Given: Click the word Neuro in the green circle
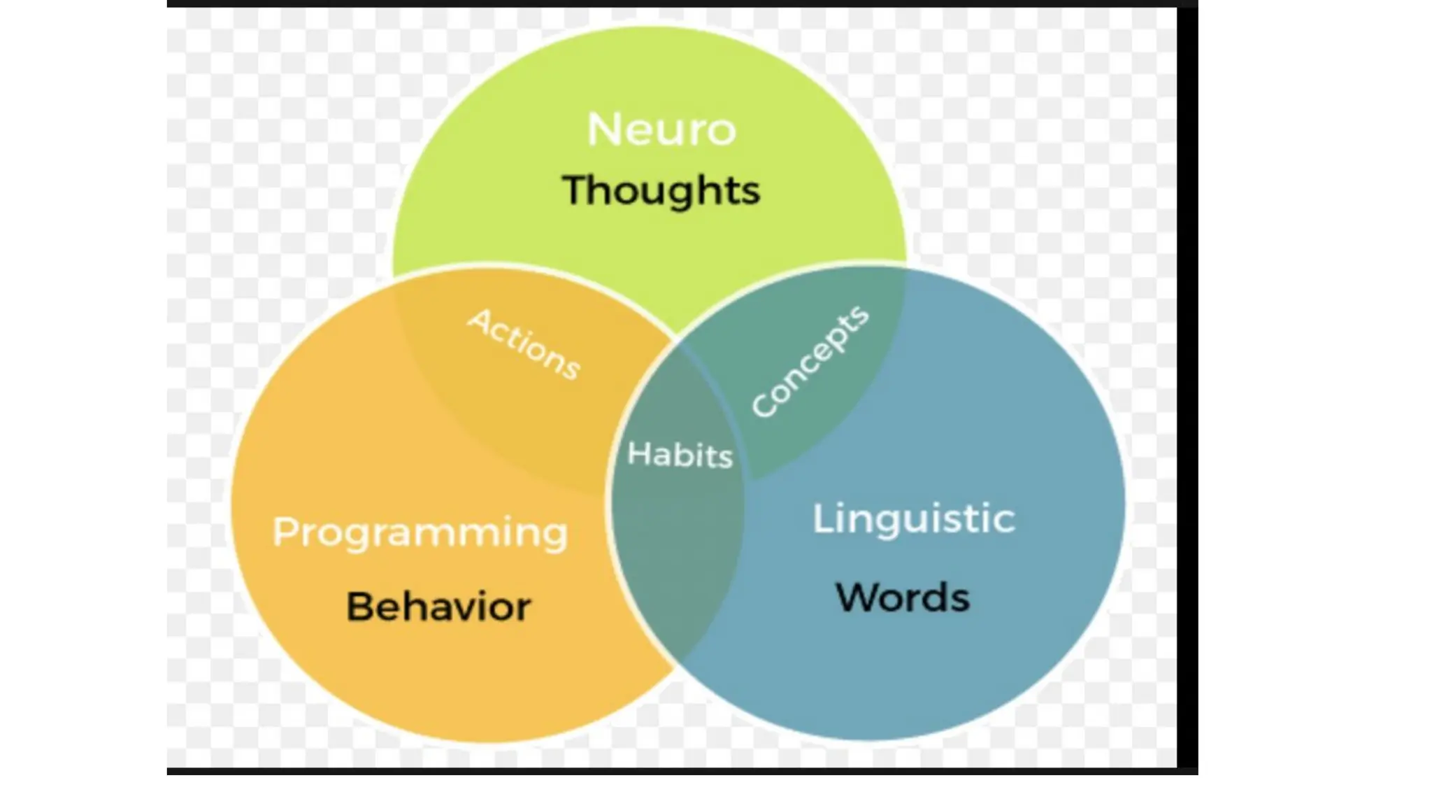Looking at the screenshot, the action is point(661,129).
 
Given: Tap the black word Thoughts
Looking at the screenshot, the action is point(661,190).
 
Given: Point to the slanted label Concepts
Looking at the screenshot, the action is point(810,362).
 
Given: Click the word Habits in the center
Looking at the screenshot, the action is point(680,455).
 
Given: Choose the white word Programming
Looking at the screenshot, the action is point(420,533).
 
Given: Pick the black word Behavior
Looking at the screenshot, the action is point(438,606).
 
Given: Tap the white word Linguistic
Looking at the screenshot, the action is point(913,519).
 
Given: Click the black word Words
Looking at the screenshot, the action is point(903,598).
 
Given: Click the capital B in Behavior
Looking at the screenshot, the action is point(359,606).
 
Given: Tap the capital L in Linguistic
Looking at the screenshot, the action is point(822,518).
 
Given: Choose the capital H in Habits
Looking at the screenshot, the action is point(638,453).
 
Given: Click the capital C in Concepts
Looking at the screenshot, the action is point(764,406).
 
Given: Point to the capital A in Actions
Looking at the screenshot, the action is point(480,320).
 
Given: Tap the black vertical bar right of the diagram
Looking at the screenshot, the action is point(1187,385).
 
